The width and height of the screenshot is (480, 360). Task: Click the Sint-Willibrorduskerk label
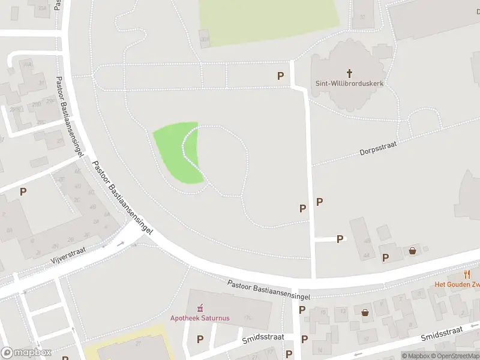click(349, 83)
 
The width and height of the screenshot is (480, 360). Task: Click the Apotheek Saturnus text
click(200, 318)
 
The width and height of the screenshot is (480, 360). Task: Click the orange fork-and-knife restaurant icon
click(467, 274)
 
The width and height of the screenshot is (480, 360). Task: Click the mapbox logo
click(26, 352)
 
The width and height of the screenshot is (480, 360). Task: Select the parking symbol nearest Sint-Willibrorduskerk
click(280, 76)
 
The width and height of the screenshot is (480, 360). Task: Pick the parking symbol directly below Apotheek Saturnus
click(200, 340)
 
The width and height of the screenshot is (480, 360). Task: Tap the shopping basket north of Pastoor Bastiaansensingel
click(413, 251)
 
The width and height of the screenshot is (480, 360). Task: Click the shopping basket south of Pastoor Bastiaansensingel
click(365, 312)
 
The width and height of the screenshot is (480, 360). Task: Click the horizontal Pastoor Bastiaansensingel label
click(268, 289)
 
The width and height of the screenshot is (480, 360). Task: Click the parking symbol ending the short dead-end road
click(340, 239)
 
